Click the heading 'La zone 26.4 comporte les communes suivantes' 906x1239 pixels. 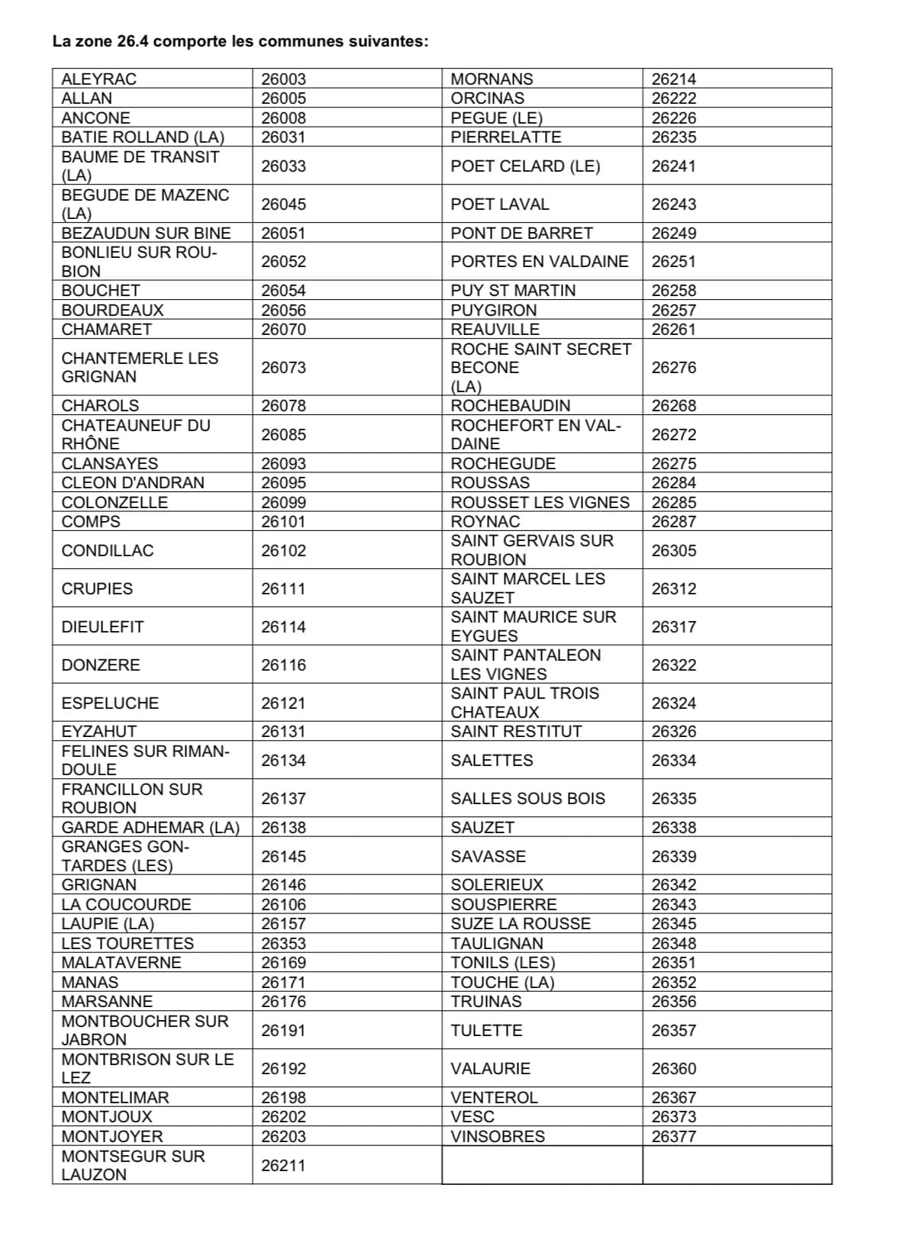click(240, 41)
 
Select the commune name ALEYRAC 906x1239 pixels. click(99, 79)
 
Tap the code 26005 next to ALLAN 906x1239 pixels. click(283, 98)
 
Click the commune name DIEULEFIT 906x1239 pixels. click(102, 627)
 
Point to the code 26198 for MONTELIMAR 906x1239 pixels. click(283, 1098)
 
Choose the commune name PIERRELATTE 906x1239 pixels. click(505, 137)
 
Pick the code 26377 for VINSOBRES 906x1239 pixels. click(674, 1137)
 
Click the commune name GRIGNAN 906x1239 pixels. click(99, 885)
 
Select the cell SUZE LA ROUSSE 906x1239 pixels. click(521, 924)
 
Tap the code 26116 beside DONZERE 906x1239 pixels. click(283, 665)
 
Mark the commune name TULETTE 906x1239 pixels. click(486, 1031)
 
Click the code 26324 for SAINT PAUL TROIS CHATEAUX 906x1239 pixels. click(674, 703)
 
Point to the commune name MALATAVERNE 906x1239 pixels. click(121, 963)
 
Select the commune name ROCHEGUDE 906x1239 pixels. click(503, 464)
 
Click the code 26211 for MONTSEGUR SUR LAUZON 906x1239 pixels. click(283, 1166)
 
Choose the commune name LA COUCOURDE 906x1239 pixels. click(126, 905)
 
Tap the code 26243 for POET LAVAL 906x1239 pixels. click(674, 204)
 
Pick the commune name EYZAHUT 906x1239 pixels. click(99, 732)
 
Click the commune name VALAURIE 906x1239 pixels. click(490, 1069)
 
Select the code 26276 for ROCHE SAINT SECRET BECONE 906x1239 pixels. click(674, 368)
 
